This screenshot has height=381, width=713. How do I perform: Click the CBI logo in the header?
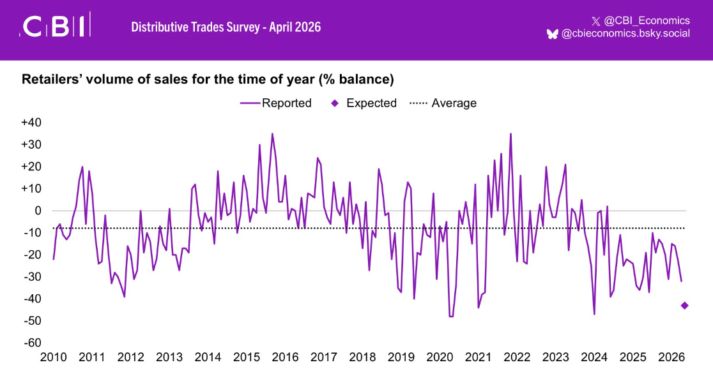(x=56, y=26)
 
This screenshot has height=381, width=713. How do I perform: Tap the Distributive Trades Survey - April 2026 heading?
(x=226, y=27)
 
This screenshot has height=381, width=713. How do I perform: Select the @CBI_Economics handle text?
(x=647, y=20)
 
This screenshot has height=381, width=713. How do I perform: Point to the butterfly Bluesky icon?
(x=552, y=34)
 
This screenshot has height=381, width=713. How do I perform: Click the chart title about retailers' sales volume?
(x=208, y=80)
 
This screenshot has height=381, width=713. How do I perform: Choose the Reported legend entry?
(x=276, y=103)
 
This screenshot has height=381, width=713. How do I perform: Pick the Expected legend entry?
(x=364, y=103)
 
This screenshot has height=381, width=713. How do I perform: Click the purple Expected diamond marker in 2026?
(x=684, y=306)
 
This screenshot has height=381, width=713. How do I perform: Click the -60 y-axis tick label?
(x=31, y=343)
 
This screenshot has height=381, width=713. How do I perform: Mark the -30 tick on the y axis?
(x=31, y=277)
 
